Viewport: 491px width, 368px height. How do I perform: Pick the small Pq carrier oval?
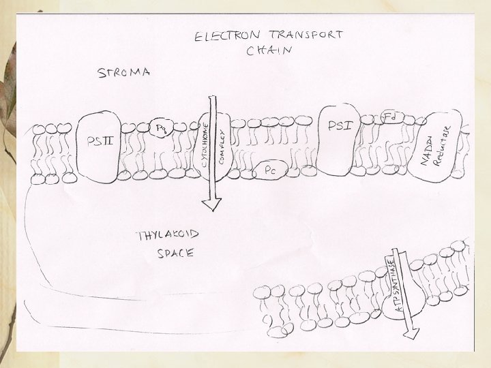[162, 128]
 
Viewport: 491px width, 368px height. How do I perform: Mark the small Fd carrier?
[390, 117]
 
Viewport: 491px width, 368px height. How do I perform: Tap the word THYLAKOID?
[168, 236]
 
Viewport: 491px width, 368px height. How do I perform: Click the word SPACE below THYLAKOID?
[172, 254]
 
